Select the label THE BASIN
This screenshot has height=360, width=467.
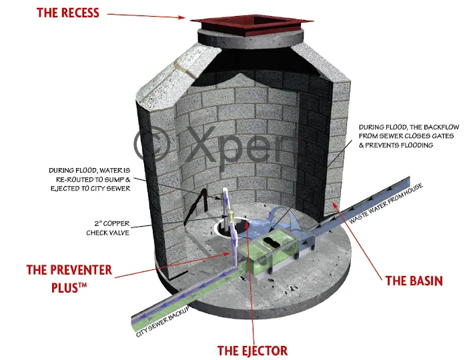coord(414,281)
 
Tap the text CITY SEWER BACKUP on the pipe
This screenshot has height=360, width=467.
coord(161,321)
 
